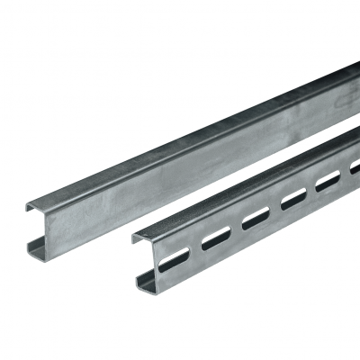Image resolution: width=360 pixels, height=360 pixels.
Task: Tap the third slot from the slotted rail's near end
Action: (256, 217)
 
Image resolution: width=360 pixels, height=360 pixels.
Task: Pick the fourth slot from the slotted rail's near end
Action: (294, 198)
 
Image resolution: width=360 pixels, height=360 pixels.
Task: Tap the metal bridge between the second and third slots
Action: (236, 227)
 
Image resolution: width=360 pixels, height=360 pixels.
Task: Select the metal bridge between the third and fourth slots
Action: (275, 207)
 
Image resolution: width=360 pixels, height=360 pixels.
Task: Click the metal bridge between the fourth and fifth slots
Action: (311, 189)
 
